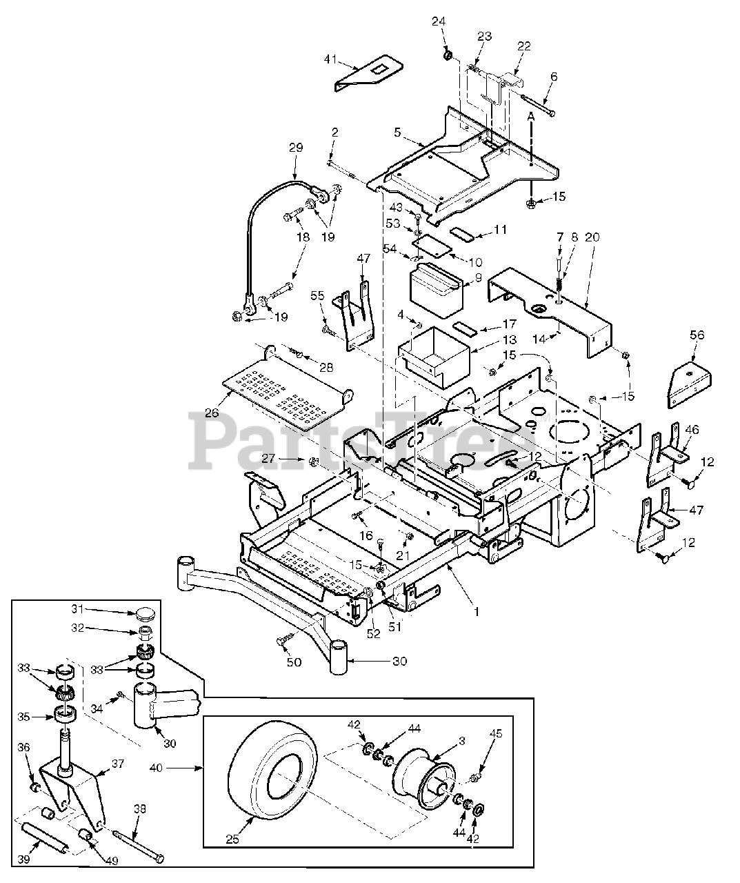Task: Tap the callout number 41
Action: point(330,59)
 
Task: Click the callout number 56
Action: point(697,335)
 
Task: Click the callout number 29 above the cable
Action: point(296,148)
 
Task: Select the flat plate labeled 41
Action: point(369,72)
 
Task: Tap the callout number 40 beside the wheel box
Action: point(156,768)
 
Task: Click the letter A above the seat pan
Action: point(531,116)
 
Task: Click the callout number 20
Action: point(592,237)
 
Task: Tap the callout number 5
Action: point(397,132)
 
